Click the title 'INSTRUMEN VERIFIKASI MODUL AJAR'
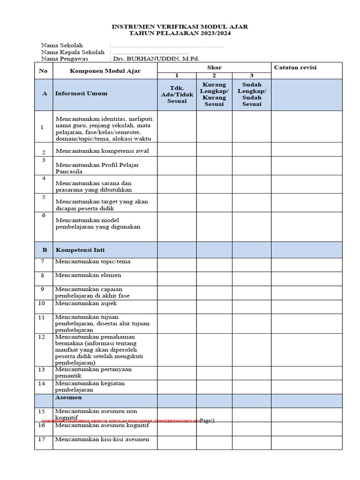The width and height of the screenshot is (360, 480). (x=180, y=27)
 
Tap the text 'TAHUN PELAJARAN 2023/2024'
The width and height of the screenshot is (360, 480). (x=180, y=33)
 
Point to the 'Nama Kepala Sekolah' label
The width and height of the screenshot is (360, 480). (x=73, y=52)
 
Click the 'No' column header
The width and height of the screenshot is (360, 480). (x=43, y=71)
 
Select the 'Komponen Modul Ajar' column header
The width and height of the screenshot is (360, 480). (x=105, y=71)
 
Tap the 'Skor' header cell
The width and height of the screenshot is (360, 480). (x=214, y=67)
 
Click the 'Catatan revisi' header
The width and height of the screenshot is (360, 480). (x=295, y=67)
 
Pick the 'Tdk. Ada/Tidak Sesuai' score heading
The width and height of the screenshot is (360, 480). (x=177, y=94)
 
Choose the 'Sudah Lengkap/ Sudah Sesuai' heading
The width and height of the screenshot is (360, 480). (x=252, y=94)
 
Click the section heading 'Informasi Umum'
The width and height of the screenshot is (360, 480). (x=81, y=93)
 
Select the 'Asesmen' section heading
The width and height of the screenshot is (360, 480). (x=68, y=397)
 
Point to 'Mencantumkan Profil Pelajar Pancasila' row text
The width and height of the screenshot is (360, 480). (x=97, y=168)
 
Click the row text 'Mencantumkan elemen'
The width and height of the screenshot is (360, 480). (x=88, y=275)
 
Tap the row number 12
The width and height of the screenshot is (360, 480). (x=42, y=337)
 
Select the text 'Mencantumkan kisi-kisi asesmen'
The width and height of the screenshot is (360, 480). (x=102, y=439)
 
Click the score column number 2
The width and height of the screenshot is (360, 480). (x=214, y=75)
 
